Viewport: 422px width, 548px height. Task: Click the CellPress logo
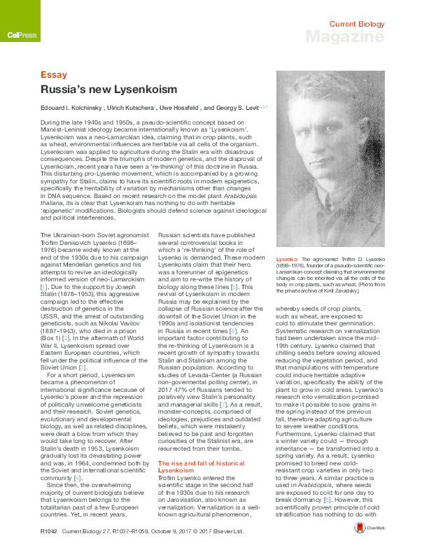16,34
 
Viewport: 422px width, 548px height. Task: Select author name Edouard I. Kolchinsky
71,108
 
